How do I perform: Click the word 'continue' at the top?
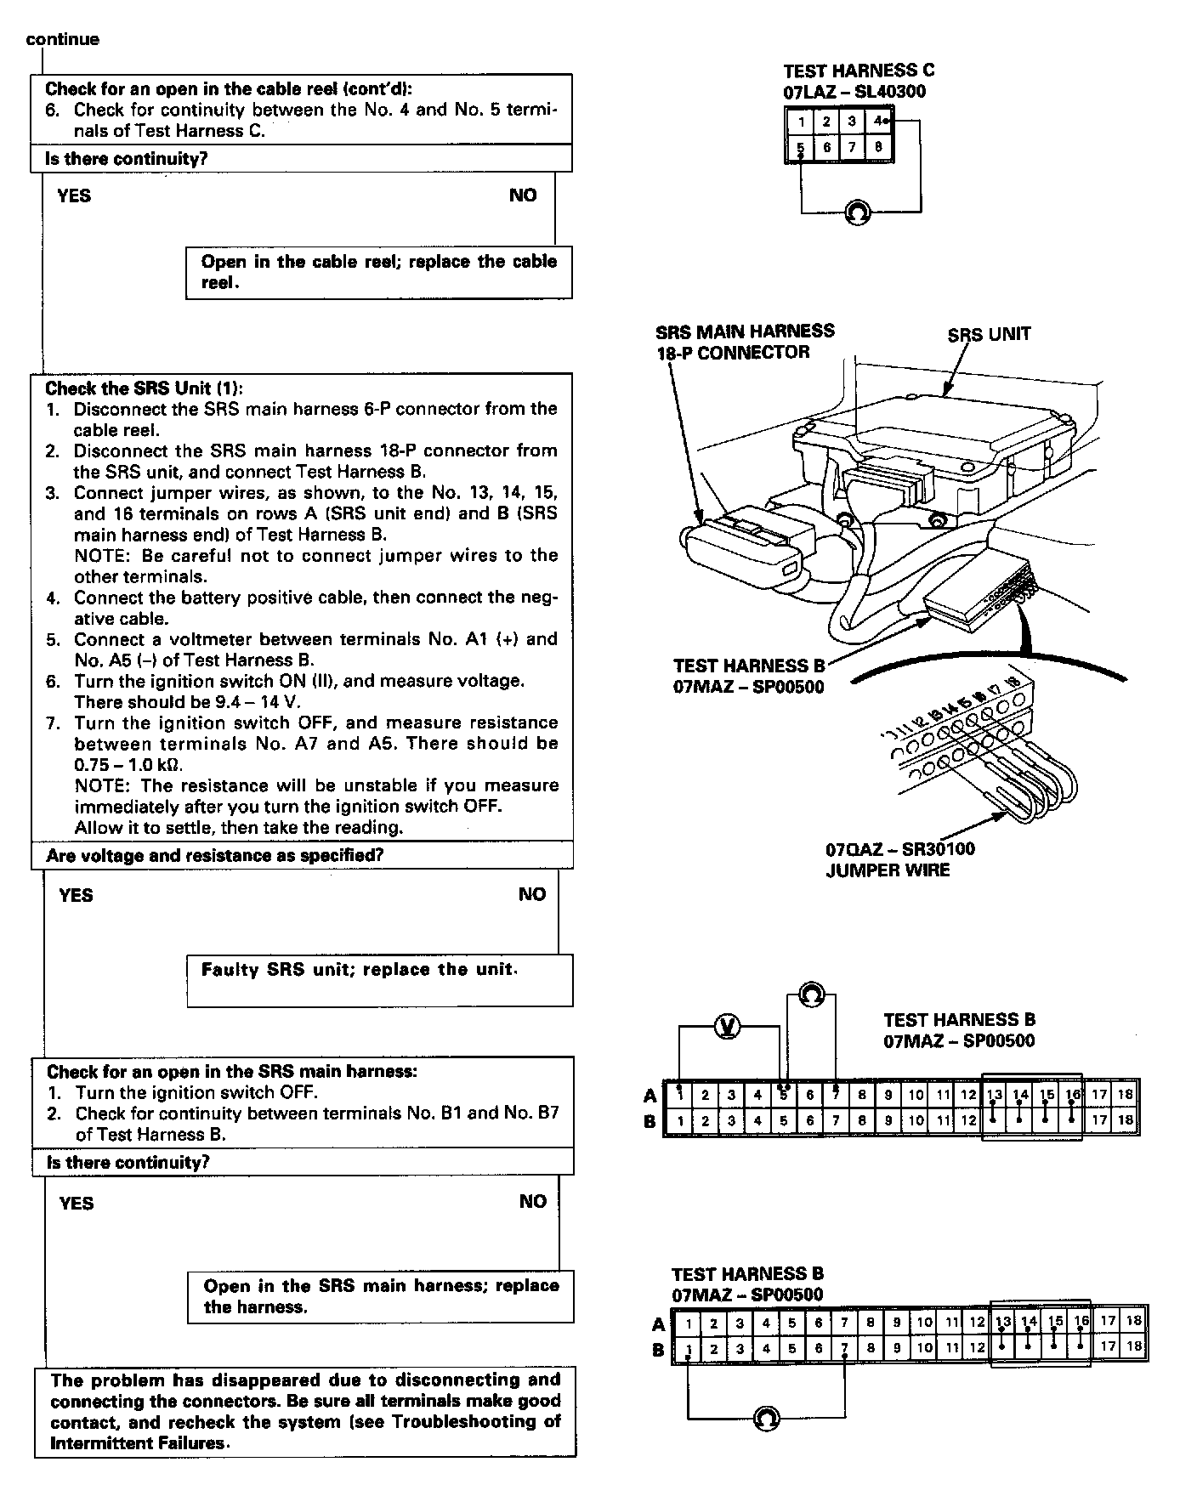pyautogui.click(x=63, y=39)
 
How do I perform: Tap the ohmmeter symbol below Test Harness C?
pyautogui.click(x=858, y=212)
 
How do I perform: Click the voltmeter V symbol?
pyautogui.click(x=727, y=1027)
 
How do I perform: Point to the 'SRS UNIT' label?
pyautogui.click(x=989, y=334)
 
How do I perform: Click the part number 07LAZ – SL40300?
pyautogui.click(x=854, y=92)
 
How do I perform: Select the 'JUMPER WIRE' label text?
pyautogui.click(x=888, y=870)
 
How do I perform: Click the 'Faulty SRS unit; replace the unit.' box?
pyautogui.click(x=379, y=979)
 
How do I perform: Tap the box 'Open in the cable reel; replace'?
pyautogui.click(x=378, y=272)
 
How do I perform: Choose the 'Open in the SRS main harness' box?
pyautogui.click(x=380, y=1296)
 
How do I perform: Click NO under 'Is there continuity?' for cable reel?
pyautogui.click(x=523, y=195)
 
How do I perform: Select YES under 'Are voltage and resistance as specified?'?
pyautogui.click(x=76, y=895)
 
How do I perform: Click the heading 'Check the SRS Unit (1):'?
pyautogui.click(x=144, y=388)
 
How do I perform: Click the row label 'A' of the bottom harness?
pyautogui.click(x=658, y=1323)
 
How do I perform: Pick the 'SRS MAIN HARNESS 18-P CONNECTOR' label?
pyautogui.click(x=745, y=342)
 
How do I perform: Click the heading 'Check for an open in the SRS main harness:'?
pyautogui.click(x=231, y=1072)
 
